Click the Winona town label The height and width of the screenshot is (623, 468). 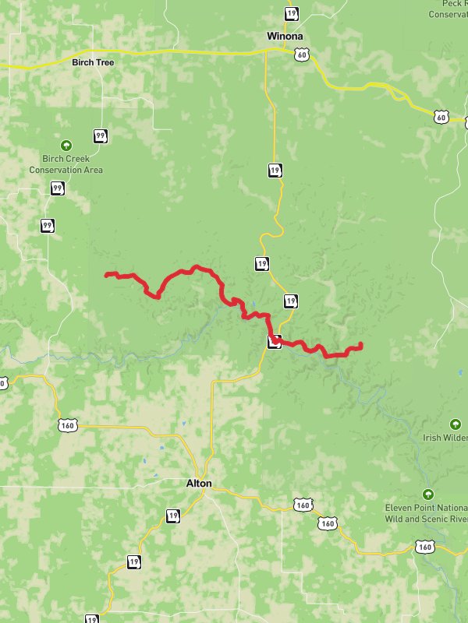pyautogui.click(x=285, y=36)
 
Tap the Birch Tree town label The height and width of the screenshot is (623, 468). pyautogui.click(x=93, y=62)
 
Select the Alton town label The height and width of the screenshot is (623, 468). pyautogui.click(x=199, y=484)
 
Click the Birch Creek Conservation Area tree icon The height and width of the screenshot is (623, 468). pyautogui.click(x=66, y=145)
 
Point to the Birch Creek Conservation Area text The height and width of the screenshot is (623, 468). pyautogui.click(x=66, y=164)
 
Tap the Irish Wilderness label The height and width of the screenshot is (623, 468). pyautogui.click(x=445, y=438)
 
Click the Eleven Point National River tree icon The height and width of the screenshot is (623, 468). pyautogui.click(x=427, y=494)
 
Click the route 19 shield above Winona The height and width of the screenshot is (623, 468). pyautogui.click(x=291, y=13)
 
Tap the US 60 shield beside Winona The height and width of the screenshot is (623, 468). pyautogui.click(x=302, y=54)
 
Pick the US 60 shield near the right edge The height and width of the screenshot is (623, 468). pyautogui.click(x=441, y=117)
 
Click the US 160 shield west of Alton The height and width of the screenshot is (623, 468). pyautogui.click(x=68, y=425)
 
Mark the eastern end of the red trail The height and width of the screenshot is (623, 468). pyautogui.click(x=361, y=344)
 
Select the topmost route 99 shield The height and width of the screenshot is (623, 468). pyautogui.click(x=100, y=136)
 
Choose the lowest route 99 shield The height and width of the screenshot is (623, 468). pyautogui.click(x=48, y=226)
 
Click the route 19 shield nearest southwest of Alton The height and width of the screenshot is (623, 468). pyautogui.click(x=172, y=516)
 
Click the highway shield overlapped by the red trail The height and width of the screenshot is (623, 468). pyautogui.click(x=274, y=341)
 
